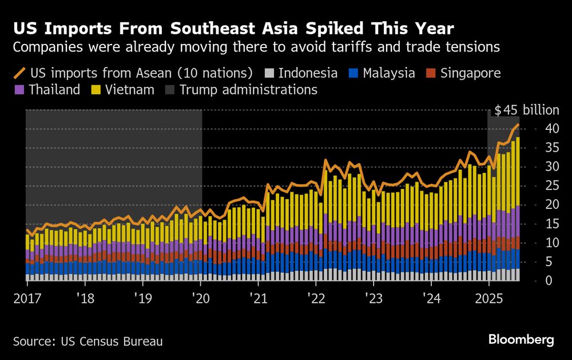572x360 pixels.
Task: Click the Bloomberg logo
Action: tap(521, 340)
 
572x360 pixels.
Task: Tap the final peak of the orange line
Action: tap(518, 125)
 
